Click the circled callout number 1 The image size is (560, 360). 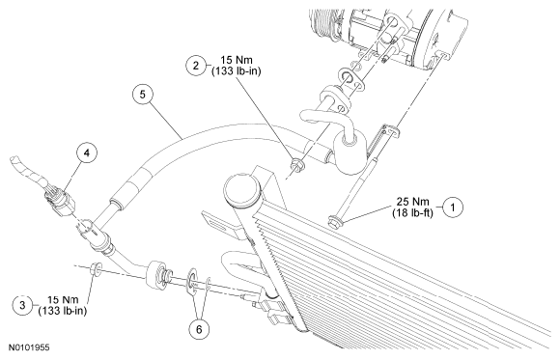point(453,208)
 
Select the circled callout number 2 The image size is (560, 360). point(196,66)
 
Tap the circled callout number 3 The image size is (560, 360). point(22,305)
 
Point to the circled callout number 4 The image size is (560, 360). point(87,152)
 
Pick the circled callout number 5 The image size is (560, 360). point(143,95)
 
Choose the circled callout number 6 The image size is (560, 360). point(199,329)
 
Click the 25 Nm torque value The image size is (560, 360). point(412,202)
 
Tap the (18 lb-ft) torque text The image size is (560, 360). point(412,213)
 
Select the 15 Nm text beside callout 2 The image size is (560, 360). point(237,60)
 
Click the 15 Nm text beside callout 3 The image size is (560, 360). point(63,299)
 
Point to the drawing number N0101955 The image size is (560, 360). point(29,347)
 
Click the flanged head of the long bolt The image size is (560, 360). point(335,221)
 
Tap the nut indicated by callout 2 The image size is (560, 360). point(296,165)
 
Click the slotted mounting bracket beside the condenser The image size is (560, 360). point(219,223)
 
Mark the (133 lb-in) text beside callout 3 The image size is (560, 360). point(63,311)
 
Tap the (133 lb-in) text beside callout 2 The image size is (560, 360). point(237,71)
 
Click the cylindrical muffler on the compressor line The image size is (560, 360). point(350,152)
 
